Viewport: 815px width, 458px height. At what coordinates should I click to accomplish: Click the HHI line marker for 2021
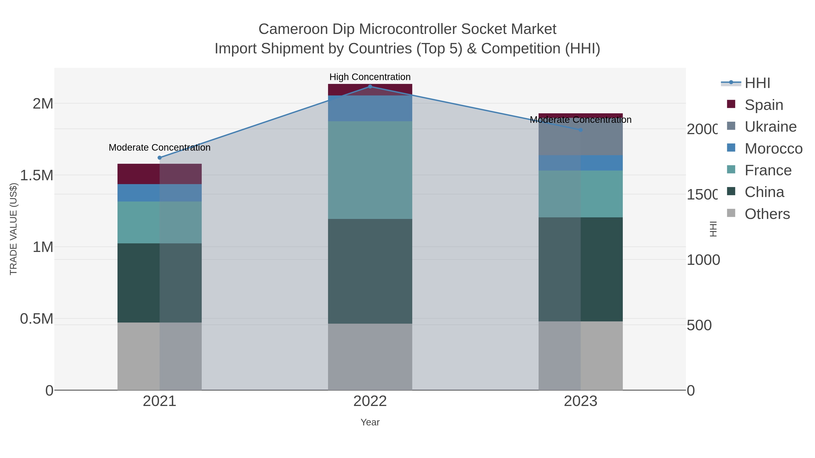coord(159,158)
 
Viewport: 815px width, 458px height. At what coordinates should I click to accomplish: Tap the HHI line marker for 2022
coord(370,87)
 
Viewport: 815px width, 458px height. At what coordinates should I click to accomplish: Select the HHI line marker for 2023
coord(580,130)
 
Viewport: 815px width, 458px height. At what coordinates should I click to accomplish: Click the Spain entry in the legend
coord(764,105)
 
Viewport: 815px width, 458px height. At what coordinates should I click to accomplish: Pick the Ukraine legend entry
coord(770,127)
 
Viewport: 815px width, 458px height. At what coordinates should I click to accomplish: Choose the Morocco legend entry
coord(773,149)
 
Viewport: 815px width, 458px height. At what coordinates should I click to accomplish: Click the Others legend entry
coord(767,214)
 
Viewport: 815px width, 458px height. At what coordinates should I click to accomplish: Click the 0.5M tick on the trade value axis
coord(37,319)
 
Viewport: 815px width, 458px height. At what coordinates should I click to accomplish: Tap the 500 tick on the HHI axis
coord(699,325)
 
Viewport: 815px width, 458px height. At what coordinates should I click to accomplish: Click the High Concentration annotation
coord(370,77)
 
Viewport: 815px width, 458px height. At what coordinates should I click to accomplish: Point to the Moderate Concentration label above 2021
coord(159,148)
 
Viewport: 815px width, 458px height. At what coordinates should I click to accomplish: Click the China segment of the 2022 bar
coord(370,271)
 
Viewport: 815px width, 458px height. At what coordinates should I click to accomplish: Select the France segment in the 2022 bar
coord(370,170)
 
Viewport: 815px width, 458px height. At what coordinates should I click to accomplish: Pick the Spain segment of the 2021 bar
coord(159,174)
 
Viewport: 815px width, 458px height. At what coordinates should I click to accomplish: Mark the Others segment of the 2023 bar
coord(580,356)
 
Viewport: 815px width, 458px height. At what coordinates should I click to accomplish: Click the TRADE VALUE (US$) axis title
coord(13,229)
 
